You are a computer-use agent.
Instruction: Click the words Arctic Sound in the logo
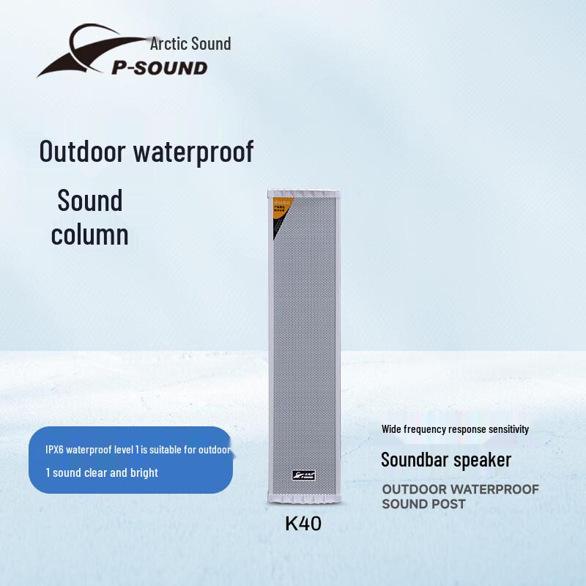pyautogui.click(x=190, y=43)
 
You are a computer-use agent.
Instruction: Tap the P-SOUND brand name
pyautogui.click(x=159, y=68)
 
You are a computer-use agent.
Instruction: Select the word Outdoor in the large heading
pyautogui.click(x=81, y=152)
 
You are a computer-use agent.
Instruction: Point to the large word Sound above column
pyautogui.click(x=90, y=201)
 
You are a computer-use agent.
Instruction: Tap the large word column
pyautogui.click(x=89, y=234)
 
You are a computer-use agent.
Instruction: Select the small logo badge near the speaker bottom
pyautogui.click(x=303, y=475)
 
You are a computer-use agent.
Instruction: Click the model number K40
pyautogui.click(x=303, y=524)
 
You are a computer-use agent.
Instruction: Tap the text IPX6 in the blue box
pyautogui.click(x=58, y=450)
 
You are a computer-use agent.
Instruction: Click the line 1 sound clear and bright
pyautogui.click(x=102, y=472)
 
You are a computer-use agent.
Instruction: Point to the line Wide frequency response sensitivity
pyautogui.click(x=455, y=429)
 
